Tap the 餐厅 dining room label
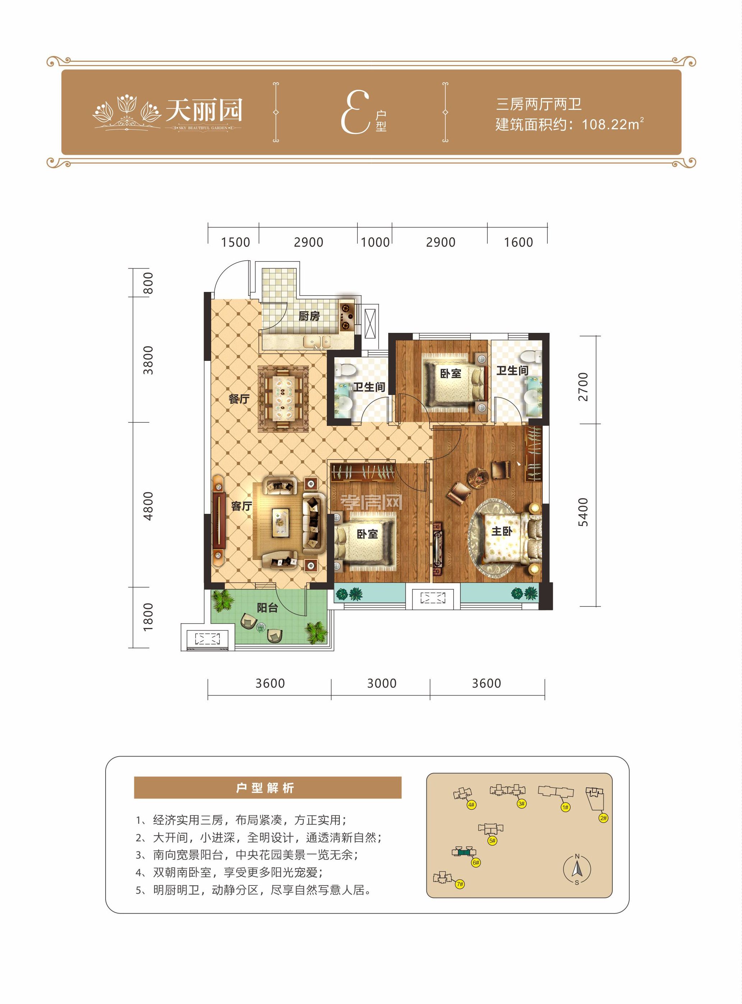239,399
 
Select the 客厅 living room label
241,506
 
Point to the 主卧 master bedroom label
501,531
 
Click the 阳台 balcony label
267,608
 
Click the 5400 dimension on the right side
583,512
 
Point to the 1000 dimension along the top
375,242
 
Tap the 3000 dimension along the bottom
382,683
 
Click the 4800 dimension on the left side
148,506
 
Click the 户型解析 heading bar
268,788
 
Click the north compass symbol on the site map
577,869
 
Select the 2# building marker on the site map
603,818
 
